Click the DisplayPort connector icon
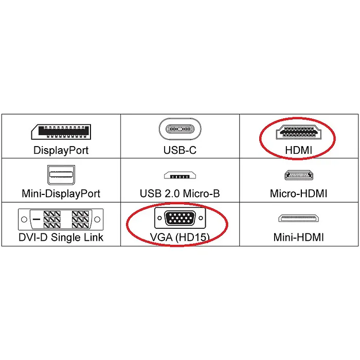coord(61,132)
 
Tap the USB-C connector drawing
coord(180,129)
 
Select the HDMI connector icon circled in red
coord(298,132)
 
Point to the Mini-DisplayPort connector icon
coord(61,175)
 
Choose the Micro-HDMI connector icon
coord(299,175)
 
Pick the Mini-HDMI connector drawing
coord(298,218)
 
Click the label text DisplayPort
coord(61,150)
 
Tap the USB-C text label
coord(180,150)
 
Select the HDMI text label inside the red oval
coord(298,150)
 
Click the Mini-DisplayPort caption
coord(61,193)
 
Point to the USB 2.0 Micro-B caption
coord(180,193)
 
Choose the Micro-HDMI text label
coord(298,193)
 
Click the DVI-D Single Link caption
coord(61,238)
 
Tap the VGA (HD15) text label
coord(180,238)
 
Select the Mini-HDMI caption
coord(298,237)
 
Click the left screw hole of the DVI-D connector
coord(24,219)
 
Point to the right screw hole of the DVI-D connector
coord(97,219)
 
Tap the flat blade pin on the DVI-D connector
coord(37,219)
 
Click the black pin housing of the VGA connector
coord(180,218)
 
